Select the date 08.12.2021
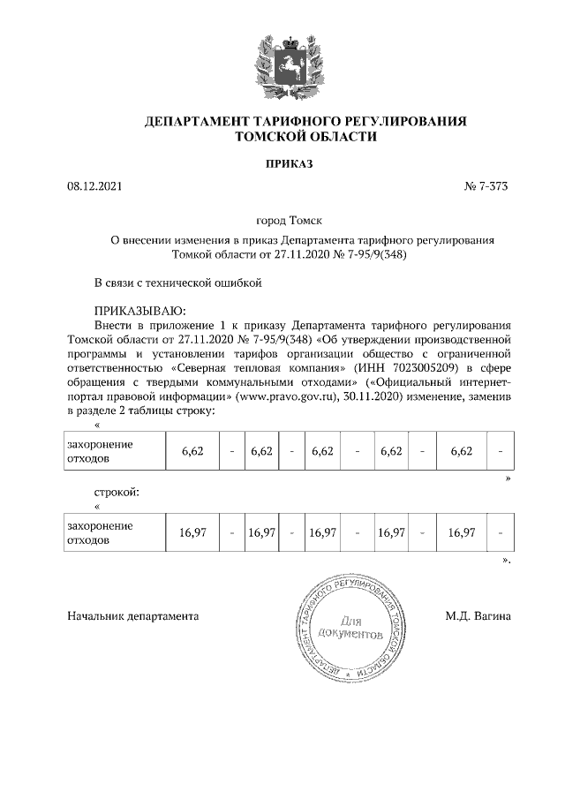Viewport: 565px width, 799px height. pyautogui.click(x=93, y=187)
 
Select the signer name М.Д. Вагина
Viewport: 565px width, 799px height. pyautogui.click(x=478, y=615)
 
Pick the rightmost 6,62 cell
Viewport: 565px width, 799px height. pyautogui.click(x=462, y=451)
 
